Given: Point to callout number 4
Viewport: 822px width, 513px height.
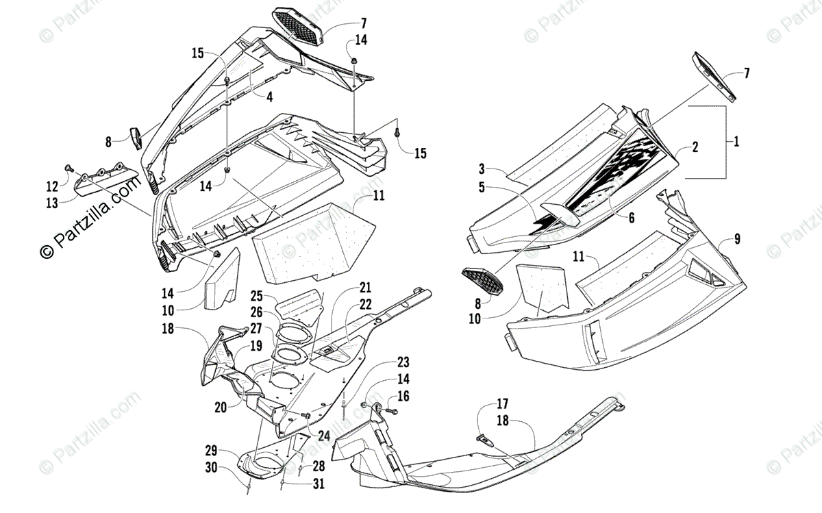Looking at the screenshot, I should click(270, 97).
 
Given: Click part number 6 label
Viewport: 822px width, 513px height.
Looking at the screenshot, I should click(631, 217).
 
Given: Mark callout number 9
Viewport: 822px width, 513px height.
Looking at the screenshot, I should click(736, 239).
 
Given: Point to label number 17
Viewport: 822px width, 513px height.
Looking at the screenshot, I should click(502, 403).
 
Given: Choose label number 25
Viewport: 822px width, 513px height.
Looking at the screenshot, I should click(257, 297).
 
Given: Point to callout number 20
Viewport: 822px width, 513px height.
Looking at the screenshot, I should click(220, 407).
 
